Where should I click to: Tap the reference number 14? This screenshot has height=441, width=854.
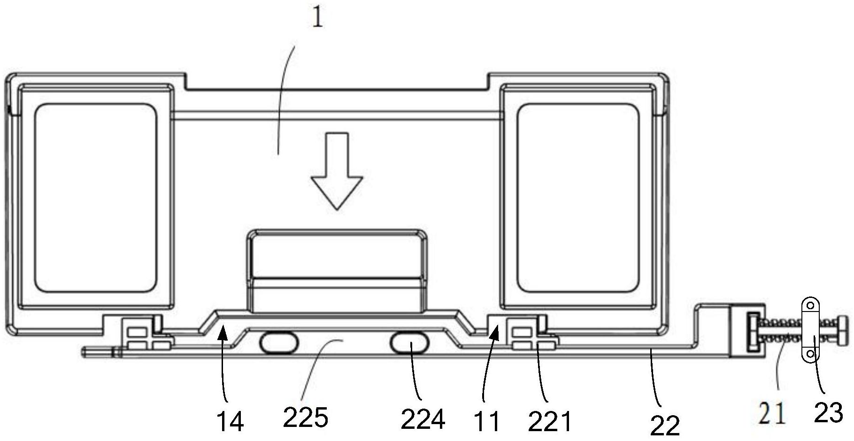point(231,421)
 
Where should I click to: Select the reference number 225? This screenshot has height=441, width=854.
point(306,417)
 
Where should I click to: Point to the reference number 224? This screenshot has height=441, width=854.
point(423,418)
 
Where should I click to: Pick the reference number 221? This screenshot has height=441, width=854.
point(550,421)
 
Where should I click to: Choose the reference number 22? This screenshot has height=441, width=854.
point(665,426)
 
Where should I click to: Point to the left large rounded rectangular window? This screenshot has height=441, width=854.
point(96,197)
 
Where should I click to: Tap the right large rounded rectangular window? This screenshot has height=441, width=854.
point(578,197)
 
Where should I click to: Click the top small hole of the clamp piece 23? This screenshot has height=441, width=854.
point(810,305)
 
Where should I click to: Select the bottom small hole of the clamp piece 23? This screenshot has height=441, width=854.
point(810,353)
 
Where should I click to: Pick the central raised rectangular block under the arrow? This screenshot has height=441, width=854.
point(337,271)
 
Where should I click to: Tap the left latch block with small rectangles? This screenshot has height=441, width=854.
point(141,334)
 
